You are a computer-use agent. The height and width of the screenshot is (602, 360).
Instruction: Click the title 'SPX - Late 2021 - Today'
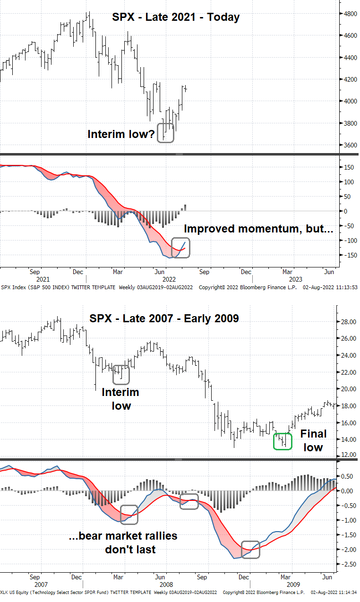pyautogui.click(x=176, y=17)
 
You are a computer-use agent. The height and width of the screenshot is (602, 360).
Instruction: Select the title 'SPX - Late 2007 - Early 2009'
pyautogui.click(x=164, y=318)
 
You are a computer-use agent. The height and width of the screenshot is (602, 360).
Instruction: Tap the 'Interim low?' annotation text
pyautogui.click(x=121, y=134)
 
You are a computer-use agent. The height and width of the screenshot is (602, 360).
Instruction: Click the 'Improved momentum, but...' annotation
pyautogui.click(x=258, y=229)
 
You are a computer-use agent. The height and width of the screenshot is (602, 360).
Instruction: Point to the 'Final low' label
pyautogui.click(x=312, y=440)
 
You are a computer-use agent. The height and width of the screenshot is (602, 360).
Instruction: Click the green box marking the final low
pyautogui.click(x=283, y=441)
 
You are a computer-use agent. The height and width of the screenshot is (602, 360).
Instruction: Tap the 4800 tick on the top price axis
pyautogui.click(x=350, y=14)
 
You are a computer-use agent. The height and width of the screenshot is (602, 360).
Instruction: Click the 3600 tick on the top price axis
pyautogui.click(x=350, y=145)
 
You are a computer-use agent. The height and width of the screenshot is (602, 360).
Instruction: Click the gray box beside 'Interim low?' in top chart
pyautogui.click(x=165, y=133)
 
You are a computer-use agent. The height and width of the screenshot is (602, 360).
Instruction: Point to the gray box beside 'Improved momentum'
pyautogui.click(x=181, y=248)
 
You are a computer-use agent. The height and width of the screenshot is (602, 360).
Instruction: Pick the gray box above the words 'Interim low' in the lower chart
pyautogui.click(x=121, y=375)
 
